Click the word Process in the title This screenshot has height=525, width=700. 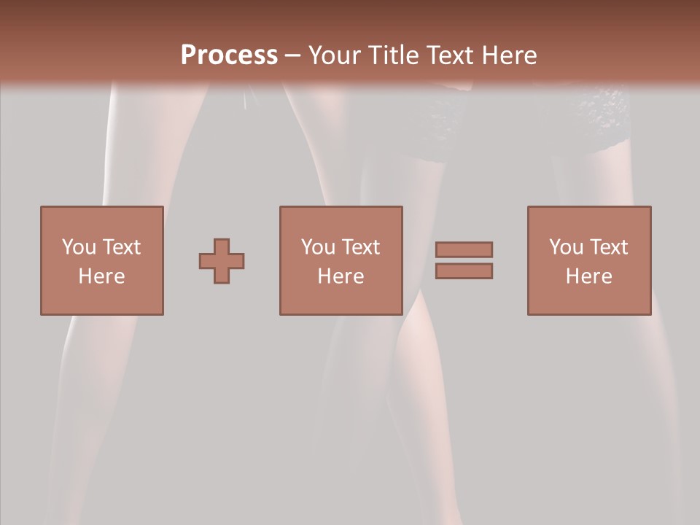click(x=229, y=55)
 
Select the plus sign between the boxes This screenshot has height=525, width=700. click(x=222, y=261)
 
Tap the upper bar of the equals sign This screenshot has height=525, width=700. click(x=464, y=249)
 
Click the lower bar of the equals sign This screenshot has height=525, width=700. click(x=464, y=271)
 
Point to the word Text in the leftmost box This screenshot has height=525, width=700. click(x=120, y=247)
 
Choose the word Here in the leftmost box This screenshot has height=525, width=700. click(x=101, y=276)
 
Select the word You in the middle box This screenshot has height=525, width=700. click(x=319, y=247)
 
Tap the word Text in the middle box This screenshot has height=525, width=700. click(x=360, y=247)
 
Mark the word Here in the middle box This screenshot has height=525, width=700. click(x=341, y=276)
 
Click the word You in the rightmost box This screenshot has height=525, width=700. click(x=567, y=247)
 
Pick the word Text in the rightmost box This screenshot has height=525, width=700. click(x=608, y=247)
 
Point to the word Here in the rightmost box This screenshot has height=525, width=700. click(x=588, y=276)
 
